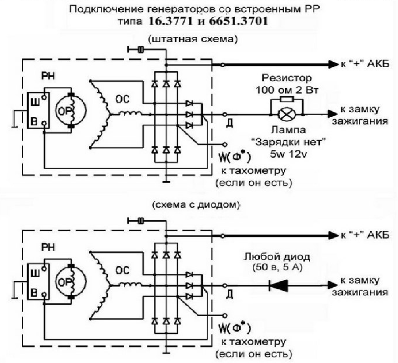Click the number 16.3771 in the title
click(x=170, y=21)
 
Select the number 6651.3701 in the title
click(x=239, y=21)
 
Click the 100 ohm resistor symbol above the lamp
click(x=287, y=99)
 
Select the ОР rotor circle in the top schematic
click(x=71, y=110)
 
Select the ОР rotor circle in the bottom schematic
click(x=71, y=281)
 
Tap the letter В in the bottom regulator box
click(x=34, y=293)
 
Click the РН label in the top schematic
click(x=48, y=76)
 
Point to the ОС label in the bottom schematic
click(x=122, y=270)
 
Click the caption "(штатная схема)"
click(x=193, y=40)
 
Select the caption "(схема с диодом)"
click(x=196, y=205)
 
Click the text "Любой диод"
click(x=277, y=257)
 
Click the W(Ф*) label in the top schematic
click(x=234, y=157)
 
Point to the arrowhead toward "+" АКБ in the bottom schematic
click(x=334, y=235)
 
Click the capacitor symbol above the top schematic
click(x=141, y=49)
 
